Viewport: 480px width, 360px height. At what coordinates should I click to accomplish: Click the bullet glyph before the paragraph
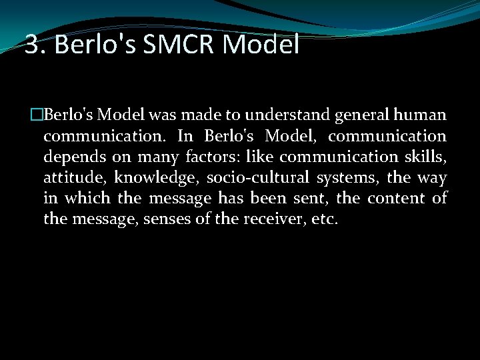tap(37, 115)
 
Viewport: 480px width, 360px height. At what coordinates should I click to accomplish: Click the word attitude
tap(73, 178)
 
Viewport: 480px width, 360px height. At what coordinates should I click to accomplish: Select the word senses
tap(169, 219)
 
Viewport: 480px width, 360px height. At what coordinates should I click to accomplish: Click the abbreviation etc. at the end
tap(325, 219)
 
